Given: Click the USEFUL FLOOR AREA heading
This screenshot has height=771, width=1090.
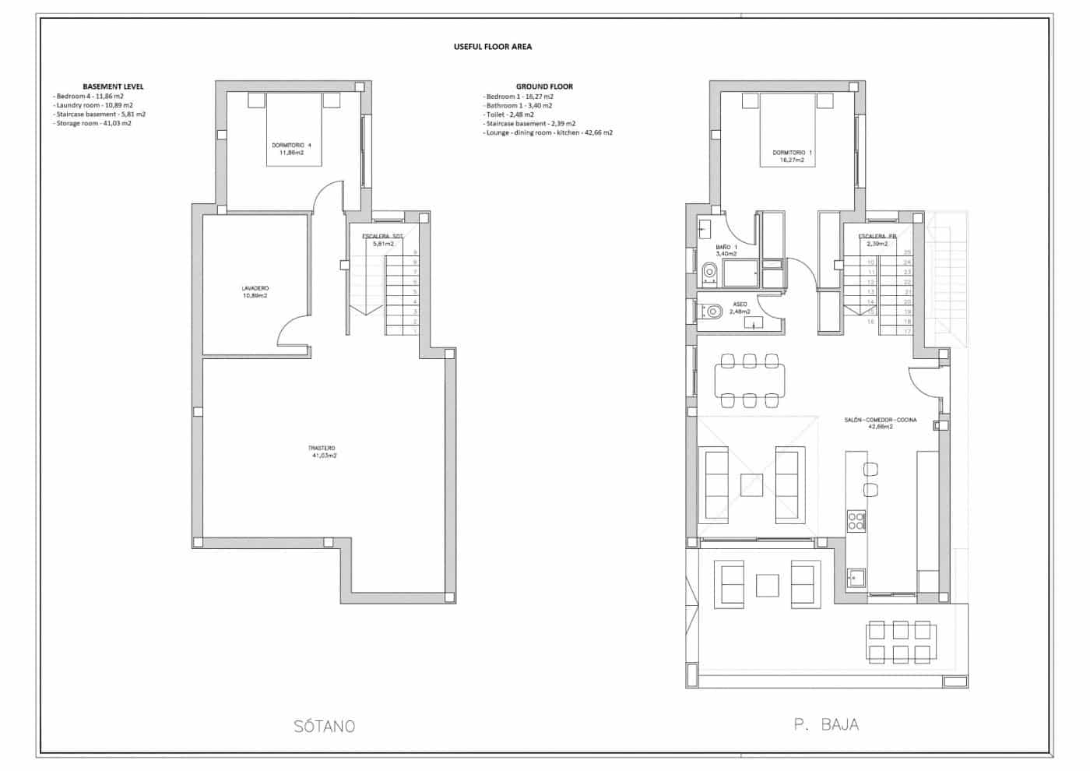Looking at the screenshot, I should coord(493,47).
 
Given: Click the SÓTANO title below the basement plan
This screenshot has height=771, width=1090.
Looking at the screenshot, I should coord(325,727).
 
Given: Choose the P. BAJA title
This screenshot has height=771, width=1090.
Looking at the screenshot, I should coord(826,725).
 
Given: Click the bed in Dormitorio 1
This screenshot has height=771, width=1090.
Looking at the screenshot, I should coord(792,130).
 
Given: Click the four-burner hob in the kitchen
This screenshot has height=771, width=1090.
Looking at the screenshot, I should coord(856,520).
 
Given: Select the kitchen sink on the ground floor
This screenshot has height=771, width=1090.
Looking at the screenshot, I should coord(856,578).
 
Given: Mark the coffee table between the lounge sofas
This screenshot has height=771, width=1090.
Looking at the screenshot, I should coord(751,485).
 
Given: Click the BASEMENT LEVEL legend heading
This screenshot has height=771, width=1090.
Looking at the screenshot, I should coord(113,86).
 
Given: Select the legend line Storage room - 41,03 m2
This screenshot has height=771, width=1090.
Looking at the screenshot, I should coord(93,123).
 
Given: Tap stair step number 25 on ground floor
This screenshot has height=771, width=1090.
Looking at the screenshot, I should coord(907,252).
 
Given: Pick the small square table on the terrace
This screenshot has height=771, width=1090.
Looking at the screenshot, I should coord(768,585).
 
